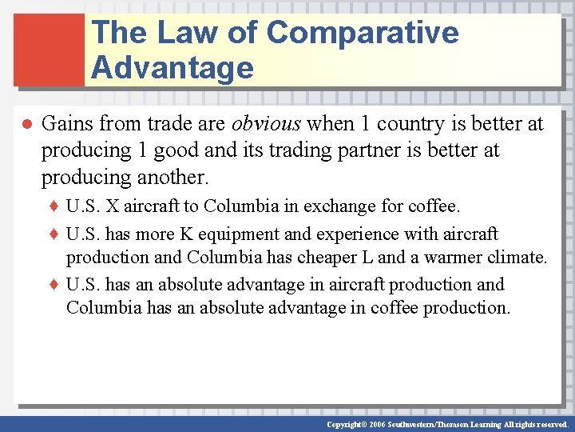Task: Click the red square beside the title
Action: point(49,49)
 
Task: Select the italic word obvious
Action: point(267,124)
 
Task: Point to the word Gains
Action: point(67,124)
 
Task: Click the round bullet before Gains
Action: point(26,125)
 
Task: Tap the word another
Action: point(174,177)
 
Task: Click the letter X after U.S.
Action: point(112,206)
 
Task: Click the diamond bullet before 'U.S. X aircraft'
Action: point(55,207)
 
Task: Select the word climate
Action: point(516,258)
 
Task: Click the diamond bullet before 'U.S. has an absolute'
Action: point(55,285)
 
